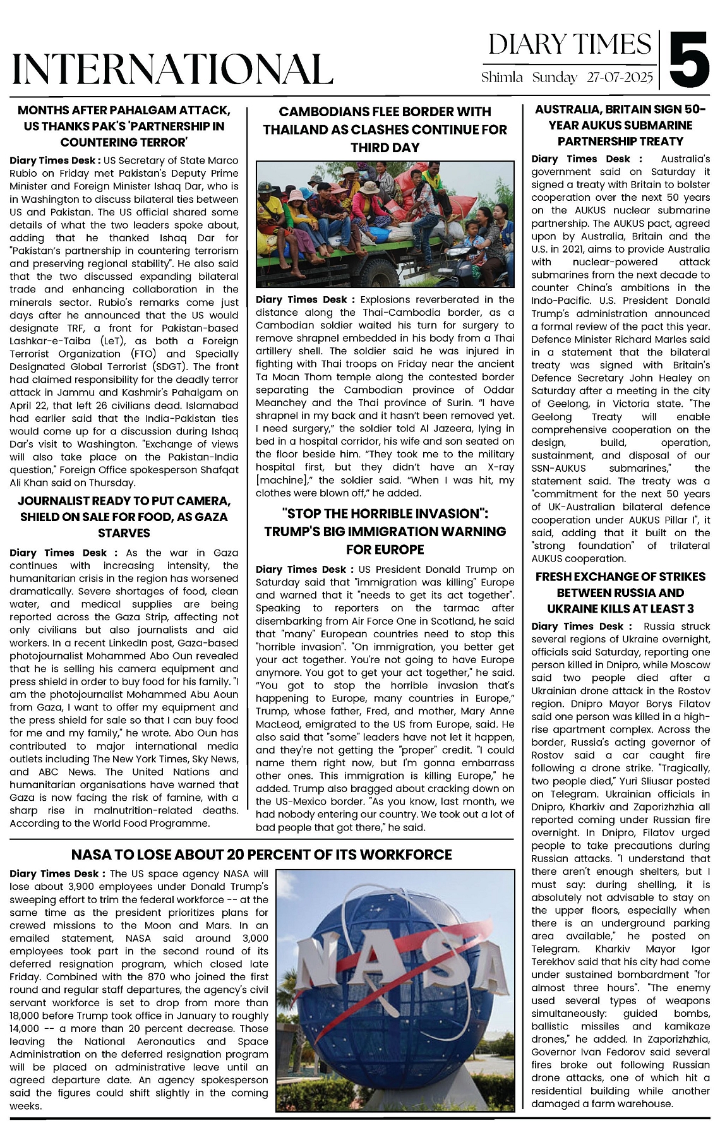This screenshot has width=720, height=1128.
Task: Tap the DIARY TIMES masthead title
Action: pyautogui.click(x=570, y=45)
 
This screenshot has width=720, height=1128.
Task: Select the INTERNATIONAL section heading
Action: pyautogui.click(x=172, y=69)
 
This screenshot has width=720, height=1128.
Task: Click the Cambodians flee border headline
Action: pyautogui.click(x=385, y=129)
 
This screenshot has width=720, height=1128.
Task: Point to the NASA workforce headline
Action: pyautogui.click(x=261, y=855)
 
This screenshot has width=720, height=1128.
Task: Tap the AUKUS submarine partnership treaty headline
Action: pyautogui.click(x=620, y=125)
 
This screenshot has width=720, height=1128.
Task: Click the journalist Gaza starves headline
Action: pyautogui.click(x=124, y=517)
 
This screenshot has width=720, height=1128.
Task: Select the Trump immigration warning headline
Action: pyautogui.click(x=385, y=531)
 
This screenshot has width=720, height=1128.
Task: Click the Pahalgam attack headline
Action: pyautogui.click(x=124, y=126)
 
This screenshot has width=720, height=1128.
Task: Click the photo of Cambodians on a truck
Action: pyautogui.click(x=385, y=224)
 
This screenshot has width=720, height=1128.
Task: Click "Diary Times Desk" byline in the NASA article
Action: pyautogui.click(x=54, y=873)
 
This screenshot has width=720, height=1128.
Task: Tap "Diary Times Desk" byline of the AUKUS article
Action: pyautogui.click(x=580, y=159)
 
